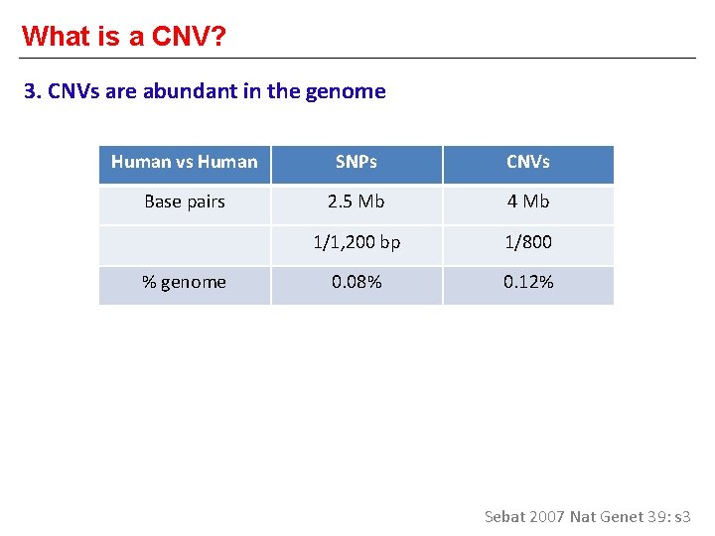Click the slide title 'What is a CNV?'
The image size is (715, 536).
[124, 36]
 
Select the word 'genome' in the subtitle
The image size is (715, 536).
[349, 92]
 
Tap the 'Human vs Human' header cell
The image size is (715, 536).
[185, 163]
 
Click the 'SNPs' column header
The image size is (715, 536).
[357, 163]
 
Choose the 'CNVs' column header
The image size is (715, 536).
[528, 163]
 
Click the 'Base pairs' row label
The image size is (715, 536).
[185, 202]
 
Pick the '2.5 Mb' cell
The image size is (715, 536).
[357, 202]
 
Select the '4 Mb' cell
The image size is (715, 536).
[528, 202]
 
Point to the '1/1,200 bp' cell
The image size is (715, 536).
[357, 243]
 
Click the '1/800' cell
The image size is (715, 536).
[528, 243]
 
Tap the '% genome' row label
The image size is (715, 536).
[185, 283]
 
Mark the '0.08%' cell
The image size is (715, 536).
[357, 283]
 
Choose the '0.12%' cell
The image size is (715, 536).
[528, 283]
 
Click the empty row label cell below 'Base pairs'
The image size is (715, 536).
[185, 243]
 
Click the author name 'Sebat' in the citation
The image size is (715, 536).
[504, 516]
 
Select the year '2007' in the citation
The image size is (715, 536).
[547, 516]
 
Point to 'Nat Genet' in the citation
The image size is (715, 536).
[608, 516]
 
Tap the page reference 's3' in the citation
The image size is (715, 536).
[682, 516]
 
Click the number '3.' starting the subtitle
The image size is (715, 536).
[31, 92]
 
